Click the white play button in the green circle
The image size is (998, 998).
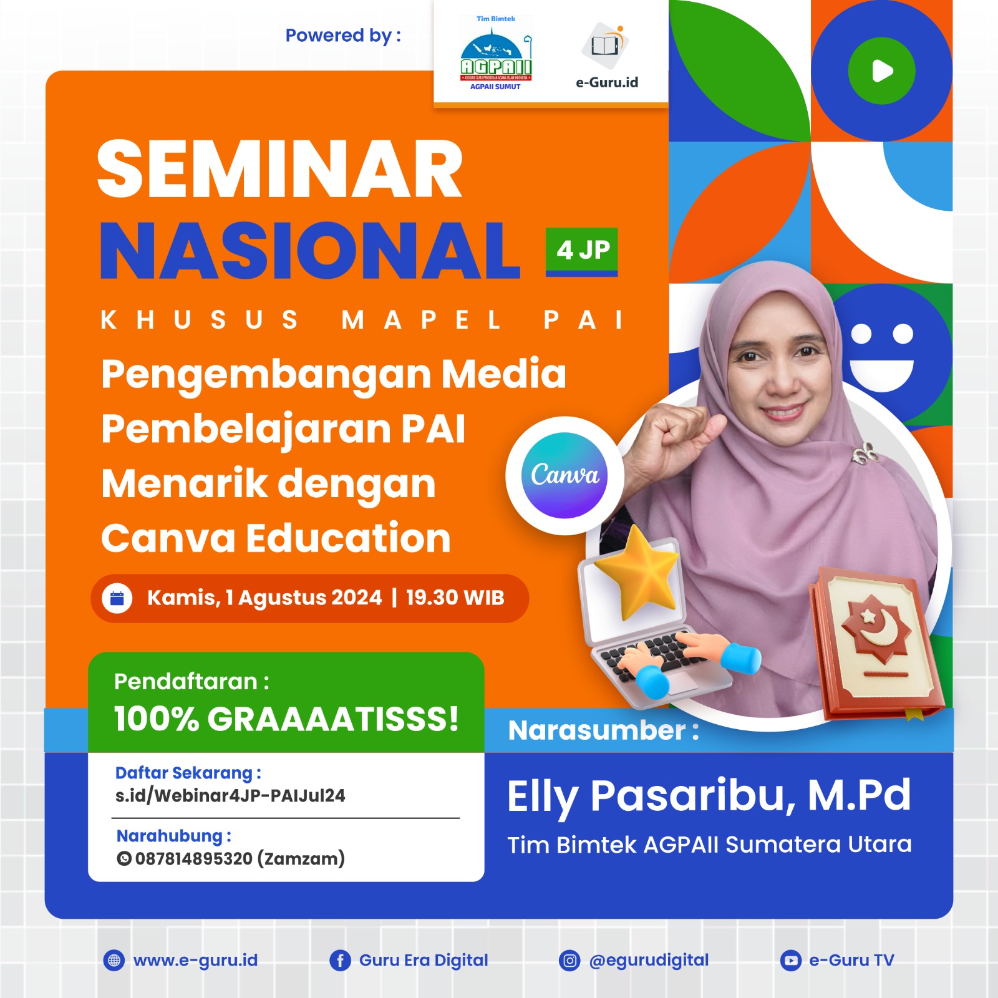pos(882,70)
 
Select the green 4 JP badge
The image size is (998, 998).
pos(582,251)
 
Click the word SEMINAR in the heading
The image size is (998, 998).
pos(280,169)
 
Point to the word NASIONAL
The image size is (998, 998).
pos(310,251)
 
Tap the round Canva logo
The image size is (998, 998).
pos(564,475)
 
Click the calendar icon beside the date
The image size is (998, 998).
pos(117,598)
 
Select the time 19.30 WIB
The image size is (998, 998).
pos(455,598)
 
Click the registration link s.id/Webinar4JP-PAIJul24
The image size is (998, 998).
pos(230,796)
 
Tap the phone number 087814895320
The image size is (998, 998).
pos(194,859)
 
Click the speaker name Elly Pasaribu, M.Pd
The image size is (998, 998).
pos(709,796)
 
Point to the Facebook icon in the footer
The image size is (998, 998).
pos(340,961)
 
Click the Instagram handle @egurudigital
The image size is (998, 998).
pos(649,960)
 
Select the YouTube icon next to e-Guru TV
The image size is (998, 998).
pos(790,961)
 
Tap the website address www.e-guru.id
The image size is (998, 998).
pos(195,961)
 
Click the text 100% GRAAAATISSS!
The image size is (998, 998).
pos(286,719)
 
